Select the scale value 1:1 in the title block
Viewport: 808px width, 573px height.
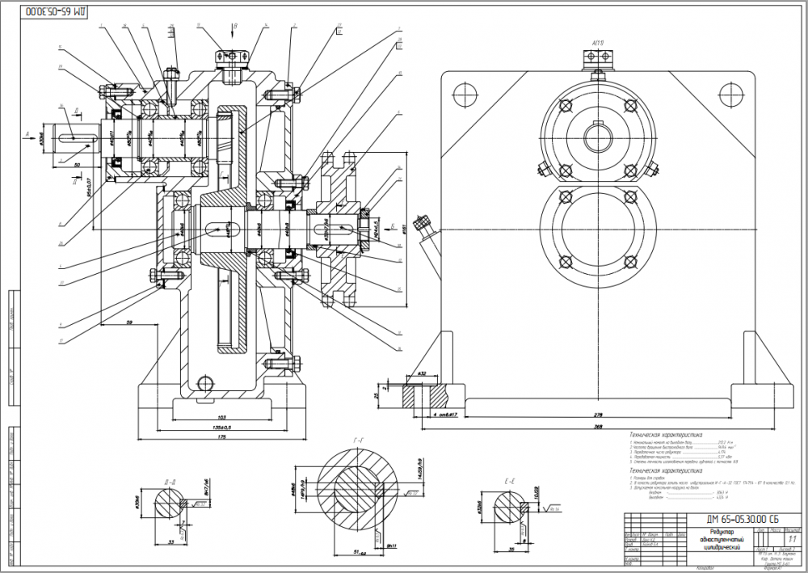pyautogui.click(x=789, y=537)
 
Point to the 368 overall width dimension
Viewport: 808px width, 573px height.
pyautogui.click(x=598, y=426)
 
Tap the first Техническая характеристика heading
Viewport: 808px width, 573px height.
pyautogui.click(x=666, y=434)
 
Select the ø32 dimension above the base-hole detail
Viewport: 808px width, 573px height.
pyautogui.click(x=422, y=374)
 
